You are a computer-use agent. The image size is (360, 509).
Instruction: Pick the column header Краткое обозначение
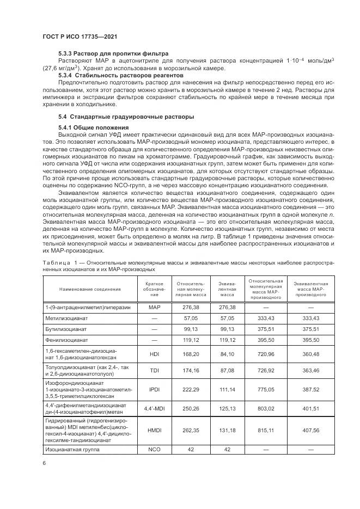click(154, 289)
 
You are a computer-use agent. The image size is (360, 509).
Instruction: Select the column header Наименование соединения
click(90, 289)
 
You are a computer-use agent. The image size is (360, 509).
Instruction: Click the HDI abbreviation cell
click(154, 353)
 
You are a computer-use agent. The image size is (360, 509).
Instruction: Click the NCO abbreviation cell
click(154, 450)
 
